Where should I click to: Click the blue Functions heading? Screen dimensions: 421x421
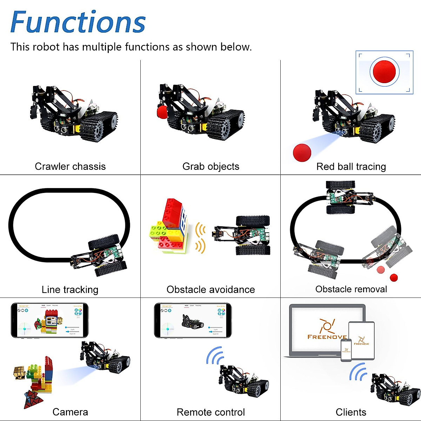(78, 22)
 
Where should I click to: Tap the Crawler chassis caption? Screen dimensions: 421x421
(70, 166)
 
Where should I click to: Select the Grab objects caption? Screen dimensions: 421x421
(210, 166)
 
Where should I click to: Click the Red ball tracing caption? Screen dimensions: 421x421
(351, 166)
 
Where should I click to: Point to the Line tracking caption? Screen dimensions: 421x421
(70, 289)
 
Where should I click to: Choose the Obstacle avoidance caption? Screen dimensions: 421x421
(210, 289)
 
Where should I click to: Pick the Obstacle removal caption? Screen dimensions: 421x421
(351, 289)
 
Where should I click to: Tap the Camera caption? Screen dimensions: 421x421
(70, 412)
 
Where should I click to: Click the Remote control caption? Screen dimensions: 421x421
(210, 412)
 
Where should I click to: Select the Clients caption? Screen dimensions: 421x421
(351, 412)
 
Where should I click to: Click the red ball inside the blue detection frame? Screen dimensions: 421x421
(384, 72)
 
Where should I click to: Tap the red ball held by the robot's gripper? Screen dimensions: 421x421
(162, 112)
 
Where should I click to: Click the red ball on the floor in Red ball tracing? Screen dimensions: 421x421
(302, 153)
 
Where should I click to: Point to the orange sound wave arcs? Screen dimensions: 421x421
(200, 238)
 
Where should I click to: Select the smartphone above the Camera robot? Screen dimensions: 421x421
(49, 320)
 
